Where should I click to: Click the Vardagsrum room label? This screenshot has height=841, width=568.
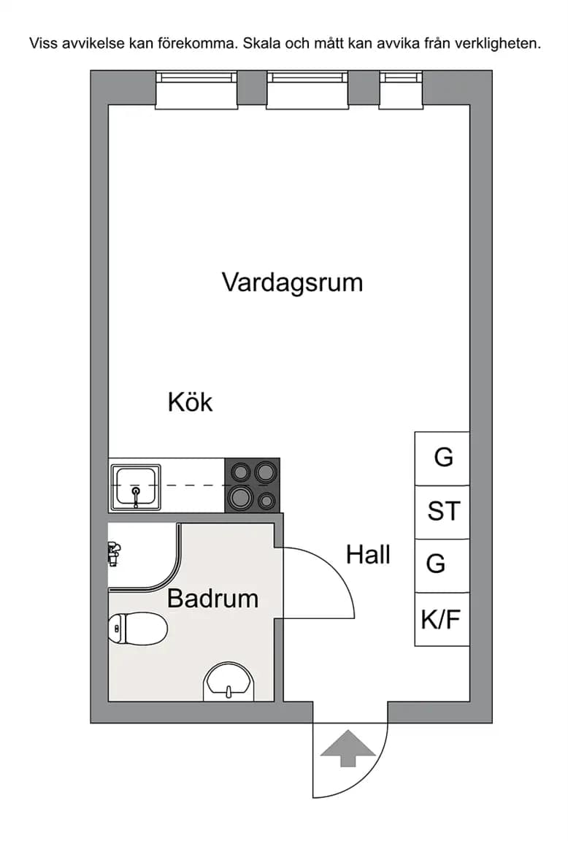(292, 283)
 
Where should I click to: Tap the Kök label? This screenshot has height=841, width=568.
(190, 402)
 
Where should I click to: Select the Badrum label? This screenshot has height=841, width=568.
(212, 598)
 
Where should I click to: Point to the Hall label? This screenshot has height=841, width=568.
(368, 554)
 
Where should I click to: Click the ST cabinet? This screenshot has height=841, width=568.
(442, 512)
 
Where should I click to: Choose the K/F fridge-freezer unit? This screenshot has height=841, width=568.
(442, 619)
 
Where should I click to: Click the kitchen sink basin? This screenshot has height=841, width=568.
(136, 487)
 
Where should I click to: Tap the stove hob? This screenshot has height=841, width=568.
(252, 485)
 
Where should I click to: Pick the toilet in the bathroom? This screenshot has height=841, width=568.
(138, 629)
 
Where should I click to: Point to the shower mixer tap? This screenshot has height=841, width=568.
(114, 553)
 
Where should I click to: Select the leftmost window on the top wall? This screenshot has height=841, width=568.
(196, 90)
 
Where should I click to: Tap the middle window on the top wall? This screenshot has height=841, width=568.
(307, 90)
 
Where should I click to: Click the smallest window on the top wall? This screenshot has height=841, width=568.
(402, 90)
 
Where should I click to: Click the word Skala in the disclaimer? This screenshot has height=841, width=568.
(262, 44)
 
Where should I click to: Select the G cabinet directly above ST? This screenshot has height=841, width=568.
(442, 458)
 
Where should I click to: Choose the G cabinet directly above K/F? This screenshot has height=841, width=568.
(442, 566)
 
